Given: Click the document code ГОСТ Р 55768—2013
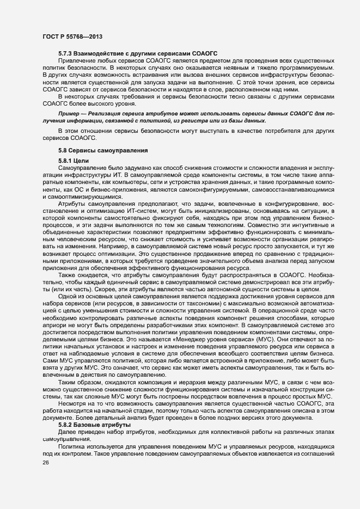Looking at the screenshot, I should (72, 36).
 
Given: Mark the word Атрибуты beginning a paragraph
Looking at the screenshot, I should (71, 203).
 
